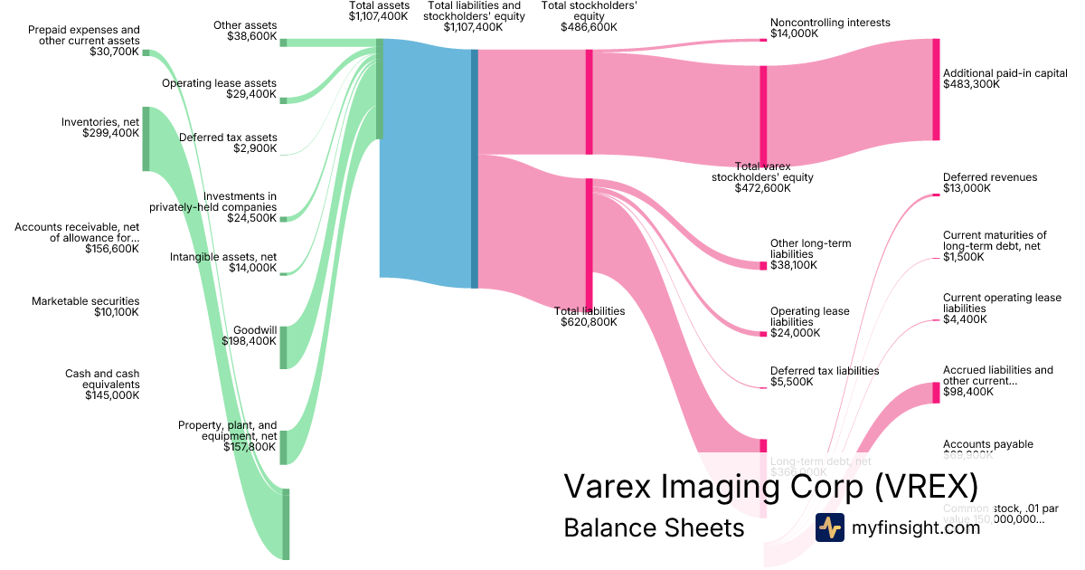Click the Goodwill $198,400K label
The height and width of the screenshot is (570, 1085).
250,336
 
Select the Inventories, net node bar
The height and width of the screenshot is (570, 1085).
146,138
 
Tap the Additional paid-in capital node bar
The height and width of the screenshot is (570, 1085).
936,90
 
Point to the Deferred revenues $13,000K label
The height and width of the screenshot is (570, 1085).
989,184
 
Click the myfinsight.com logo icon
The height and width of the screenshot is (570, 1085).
829,527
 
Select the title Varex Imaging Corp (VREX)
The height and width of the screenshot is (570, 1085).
770,487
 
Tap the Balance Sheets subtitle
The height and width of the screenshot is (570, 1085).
653,527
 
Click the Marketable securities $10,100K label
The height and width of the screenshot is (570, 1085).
86,307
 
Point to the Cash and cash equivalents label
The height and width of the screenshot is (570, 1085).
101,385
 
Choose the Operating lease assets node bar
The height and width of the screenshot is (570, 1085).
283,100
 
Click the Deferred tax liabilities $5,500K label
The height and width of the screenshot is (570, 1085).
824,376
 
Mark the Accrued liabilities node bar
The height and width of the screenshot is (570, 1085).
936,393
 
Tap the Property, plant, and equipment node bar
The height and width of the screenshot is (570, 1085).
283,447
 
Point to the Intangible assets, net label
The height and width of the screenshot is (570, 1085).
222,262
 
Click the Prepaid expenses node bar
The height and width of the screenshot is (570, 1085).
146,53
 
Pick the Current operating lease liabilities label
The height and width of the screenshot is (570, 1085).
1002,303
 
